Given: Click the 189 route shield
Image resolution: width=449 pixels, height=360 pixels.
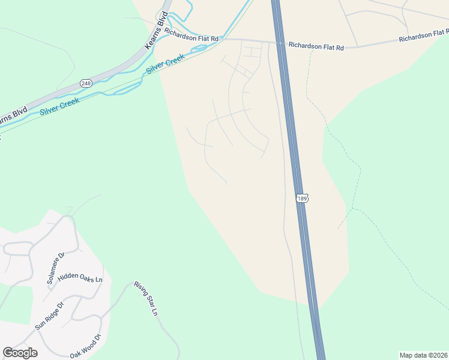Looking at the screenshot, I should pyautogui.click(x=301, y=197).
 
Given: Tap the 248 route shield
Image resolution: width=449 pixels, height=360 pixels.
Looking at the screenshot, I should pyautogui.click(x=86, y=83).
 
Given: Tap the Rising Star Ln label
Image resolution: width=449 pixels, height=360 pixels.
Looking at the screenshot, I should pyautogui.click(x=146, y=299).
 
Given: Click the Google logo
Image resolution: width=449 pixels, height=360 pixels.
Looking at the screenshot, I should pyautogui.click(x=20, y=353).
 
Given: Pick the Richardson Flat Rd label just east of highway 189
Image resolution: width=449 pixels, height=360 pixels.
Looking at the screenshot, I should pyautogui.click(x=316, y=45).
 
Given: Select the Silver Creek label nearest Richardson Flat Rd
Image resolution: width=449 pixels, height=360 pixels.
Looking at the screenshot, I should pyautogui.click(x=165, y=65).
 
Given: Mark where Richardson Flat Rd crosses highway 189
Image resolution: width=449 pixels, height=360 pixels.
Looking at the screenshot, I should pyautogui.click(x=280, y=43).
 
